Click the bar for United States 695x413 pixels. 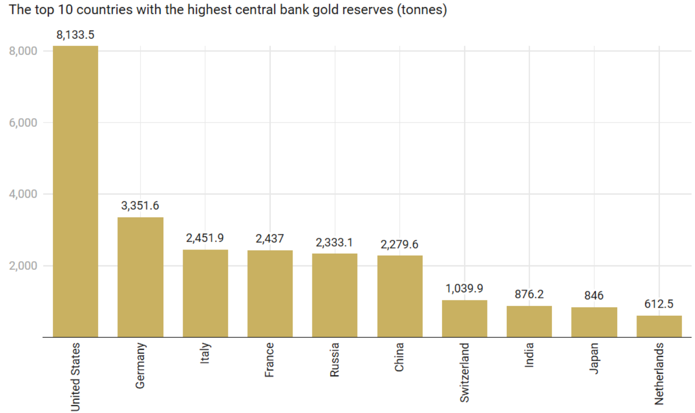[75, 191]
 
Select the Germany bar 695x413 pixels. [140, 277]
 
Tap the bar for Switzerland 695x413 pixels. [465, 318]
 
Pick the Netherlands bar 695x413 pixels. [659, 326]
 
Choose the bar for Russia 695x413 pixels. [335, 295]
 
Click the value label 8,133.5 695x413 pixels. [75, 35]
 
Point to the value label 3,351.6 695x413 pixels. [140, 206]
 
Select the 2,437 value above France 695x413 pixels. [270, 238]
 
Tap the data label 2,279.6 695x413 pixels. [399, 244]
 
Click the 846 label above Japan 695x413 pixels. [594, 296]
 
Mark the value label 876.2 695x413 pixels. [529, 294]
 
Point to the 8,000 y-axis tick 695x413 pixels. [23, 51]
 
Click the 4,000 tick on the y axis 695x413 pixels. [23, 194]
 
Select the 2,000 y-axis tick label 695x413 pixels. [23, 266]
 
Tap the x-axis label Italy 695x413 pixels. [206, 352]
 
